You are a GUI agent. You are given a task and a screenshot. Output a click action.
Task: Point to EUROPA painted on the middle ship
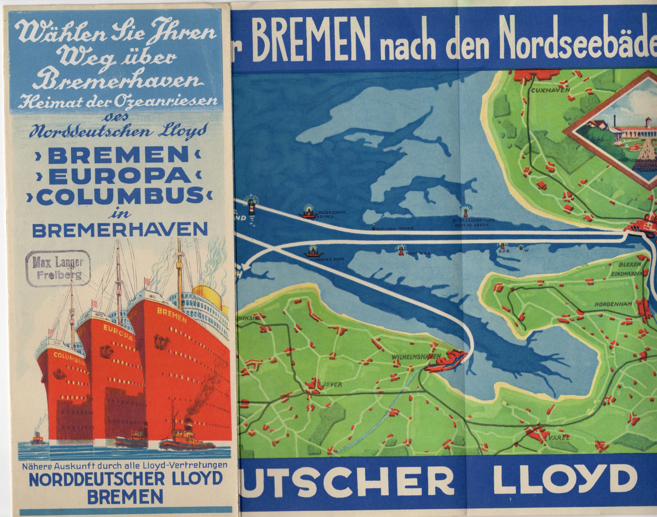tap(118, 333)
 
